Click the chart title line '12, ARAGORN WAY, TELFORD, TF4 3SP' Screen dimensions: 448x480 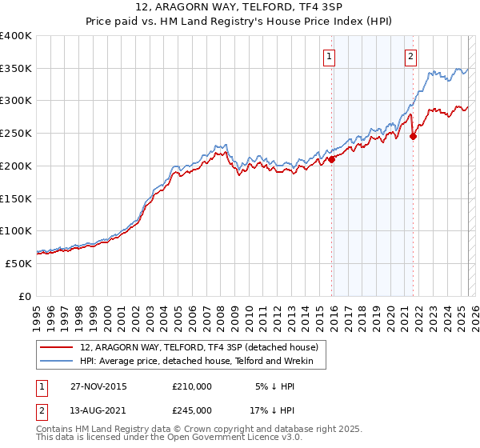click(240, 9)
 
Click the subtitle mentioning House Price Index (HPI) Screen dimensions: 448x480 click(240, 22)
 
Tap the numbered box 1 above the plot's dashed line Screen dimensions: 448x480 click(330, 56)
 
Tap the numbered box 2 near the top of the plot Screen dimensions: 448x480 click(410, 56)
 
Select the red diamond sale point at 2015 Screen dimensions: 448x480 click(331, 159)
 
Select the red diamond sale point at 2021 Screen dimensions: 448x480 click(413, 136)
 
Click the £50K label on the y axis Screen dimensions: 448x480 click(19, 263)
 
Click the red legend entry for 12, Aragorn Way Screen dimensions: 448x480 click(199, 347)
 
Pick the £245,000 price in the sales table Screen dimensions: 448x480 click(192, 410)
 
